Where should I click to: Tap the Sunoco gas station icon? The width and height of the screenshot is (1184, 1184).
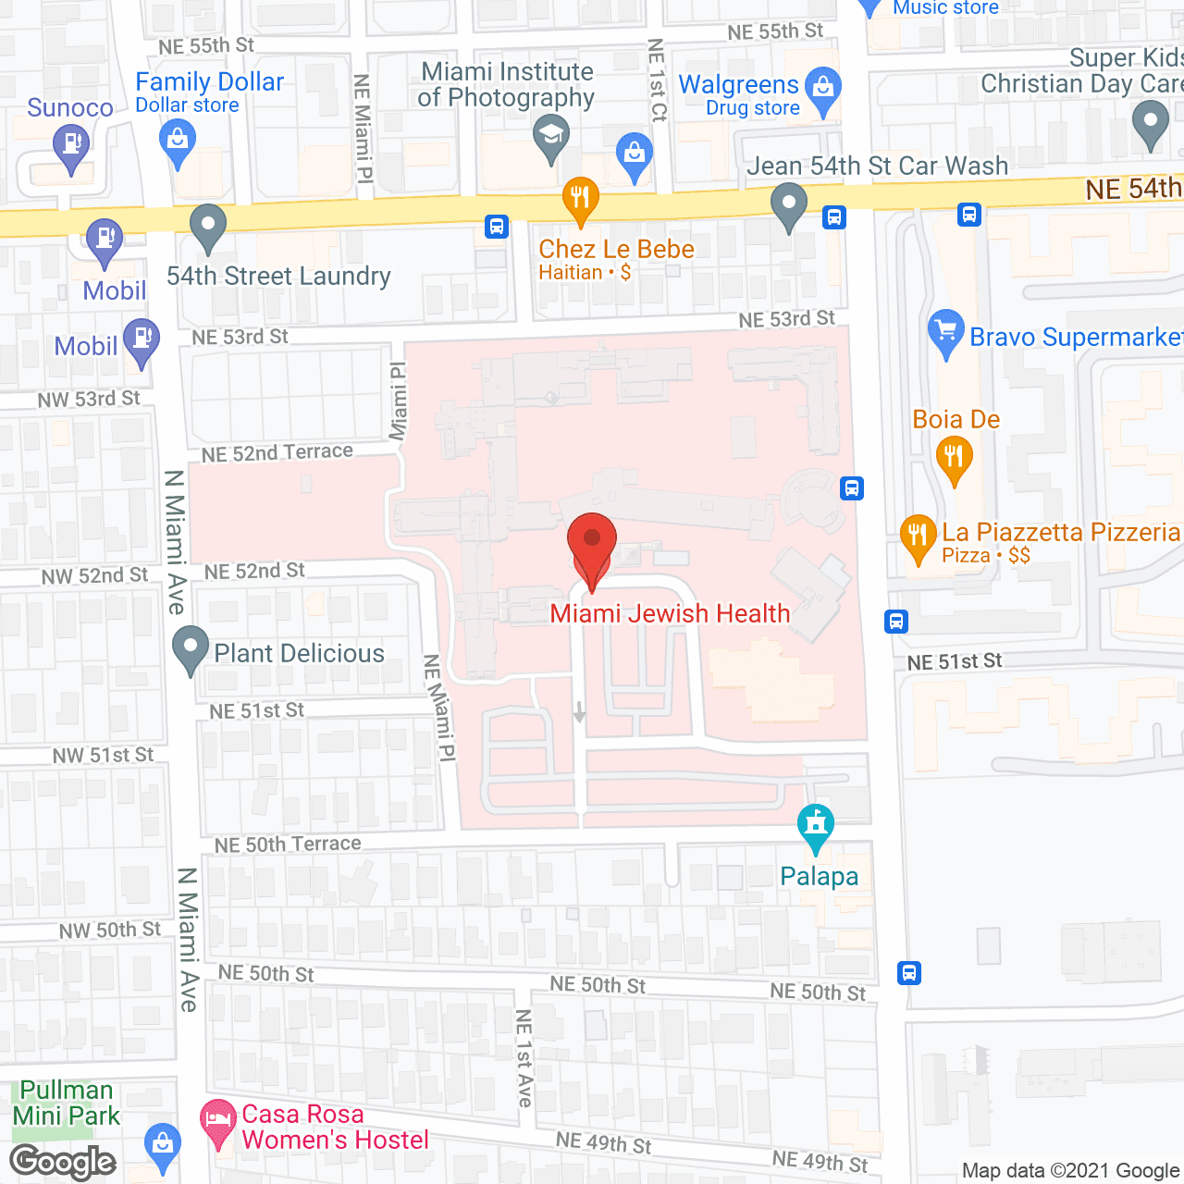(70, 146)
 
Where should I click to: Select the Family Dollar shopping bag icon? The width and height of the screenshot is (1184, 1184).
(177, 142)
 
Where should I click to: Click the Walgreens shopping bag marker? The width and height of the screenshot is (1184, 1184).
(822, 90)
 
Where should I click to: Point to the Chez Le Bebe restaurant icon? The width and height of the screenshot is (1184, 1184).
(580, 199)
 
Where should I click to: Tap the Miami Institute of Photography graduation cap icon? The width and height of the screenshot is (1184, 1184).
(551, 136)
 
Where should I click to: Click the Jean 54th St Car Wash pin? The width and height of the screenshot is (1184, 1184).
(788, 205)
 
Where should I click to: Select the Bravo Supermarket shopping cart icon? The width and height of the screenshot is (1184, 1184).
(945, 331)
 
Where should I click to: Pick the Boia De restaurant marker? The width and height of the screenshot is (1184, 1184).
(954, 458)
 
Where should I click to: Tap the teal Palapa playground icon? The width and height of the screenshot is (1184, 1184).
(815, 824)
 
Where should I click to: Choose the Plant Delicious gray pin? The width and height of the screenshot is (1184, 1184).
(191, 648)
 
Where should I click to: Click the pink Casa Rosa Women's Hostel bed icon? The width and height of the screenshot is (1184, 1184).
(218, 1120)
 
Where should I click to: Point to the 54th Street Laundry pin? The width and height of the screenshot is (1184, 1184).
(208, 226)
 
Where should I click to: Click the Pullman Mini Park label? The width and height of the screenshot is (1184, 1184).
(67, 1103)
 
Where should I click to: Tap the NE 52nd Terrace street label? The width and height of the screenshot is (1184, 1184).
(277, 452)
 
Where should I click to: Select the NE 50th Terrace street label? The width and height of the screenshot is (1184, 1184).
(288, 844)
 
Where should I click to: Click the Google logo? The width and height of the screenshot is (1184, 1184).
(63, 1162)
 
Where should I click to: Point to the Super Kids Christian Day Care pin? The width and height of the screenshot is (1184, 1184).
(1150, 123)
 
